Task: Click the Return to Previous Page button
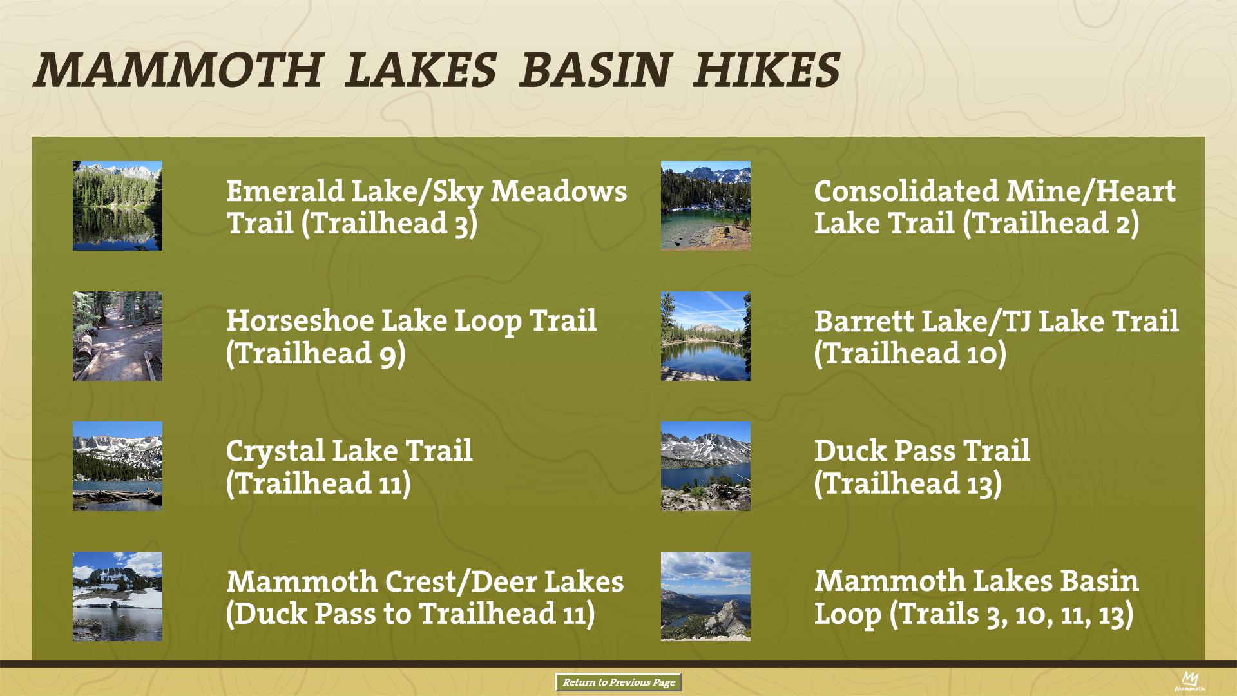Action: [x=618, y=682]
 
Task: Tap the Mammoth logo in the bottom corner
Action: [x=1189, y=681]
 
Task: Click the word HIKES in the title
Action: [x=767, y=70]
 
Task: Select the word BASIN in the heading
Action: [x=596, y=70]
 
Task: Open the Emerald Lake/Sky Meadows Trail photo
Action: [x=117, y=206]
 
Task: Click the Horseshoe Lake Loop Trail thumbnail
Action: [x=117, y=336]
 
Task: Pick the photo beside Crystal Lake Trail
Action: [x=117, y=466]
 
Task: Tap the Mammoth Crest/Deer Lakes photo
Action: [x=117, y=596]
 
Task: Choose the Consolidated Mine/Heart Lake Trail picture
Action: [x=705, y=206]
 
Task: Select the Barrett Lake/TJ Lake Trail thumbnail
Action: [x=705, y=336]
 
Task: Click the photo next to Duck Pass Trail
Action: [x=705, y=466]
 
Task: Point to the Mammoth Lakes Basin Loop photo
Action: [x=705, y=596]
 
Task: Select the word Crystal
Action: [x=275, y=452]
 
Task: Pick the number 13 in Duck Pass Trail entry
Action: [x=979, y=484]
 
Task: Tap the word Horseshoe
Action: [x=300, y=321]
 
